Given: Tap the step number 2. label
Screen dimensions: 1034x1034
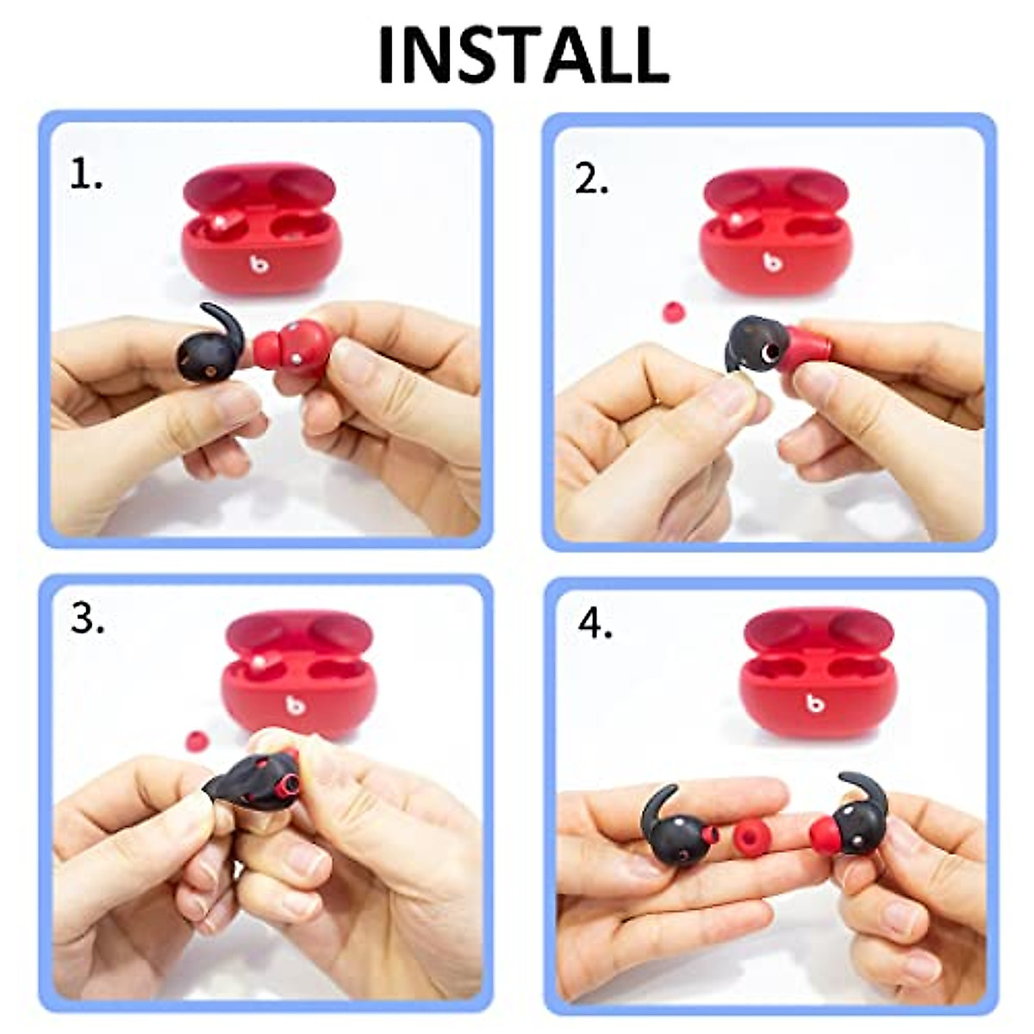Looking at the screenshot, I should click(592, 180).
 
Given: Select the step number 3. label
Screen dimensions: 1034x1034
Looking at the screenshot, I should click(87, 619).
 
